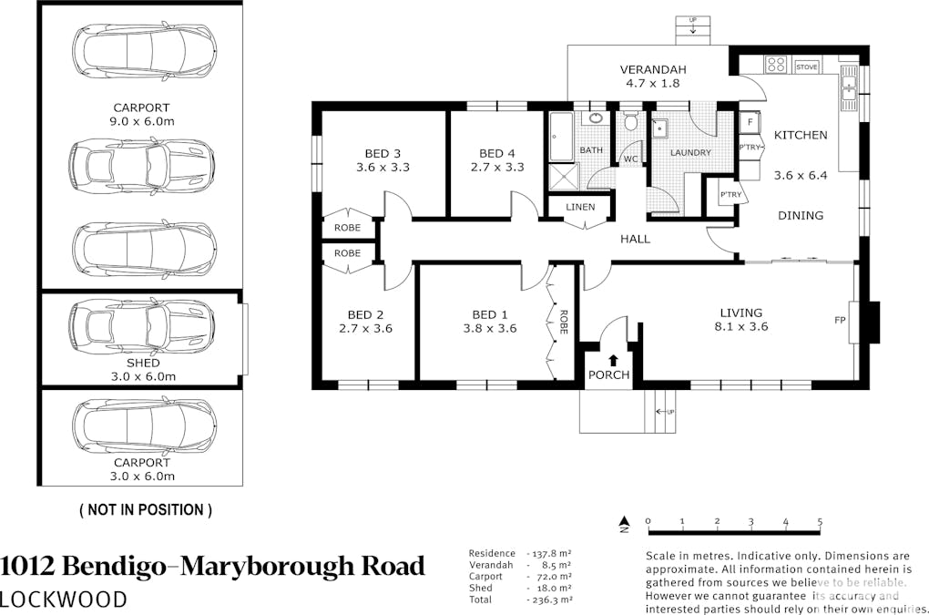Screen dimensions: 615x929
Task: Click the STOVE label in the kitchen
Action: pos(807,67)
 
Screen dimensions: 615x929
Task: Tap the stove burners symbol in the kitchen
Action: pos(776,64)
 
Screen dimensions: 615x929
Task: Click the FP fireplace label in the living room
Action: pos(840,321)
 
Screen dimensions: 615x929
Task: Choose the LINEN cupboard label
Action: pos(580,208)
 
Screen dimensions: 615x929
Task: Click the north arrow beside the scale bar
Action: pos(625,525)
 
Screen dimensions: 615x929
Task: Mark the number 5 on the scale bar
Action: pos(821,522)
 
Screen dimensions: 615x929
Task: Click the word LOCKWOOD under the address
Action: pos(64,599)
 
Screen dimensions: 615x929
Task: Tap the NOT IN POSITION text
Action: pos(146,510)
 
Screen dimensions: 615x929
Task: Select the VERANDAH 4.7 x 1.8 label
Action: pos(652,76)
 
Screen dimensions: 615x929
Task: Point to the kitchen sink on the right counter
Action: pos(849,88)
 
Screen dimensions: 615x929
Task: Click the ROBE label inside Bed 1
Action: pos(565,322)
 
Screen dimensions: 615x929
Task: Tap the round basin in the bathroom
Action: pos(597,118)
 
